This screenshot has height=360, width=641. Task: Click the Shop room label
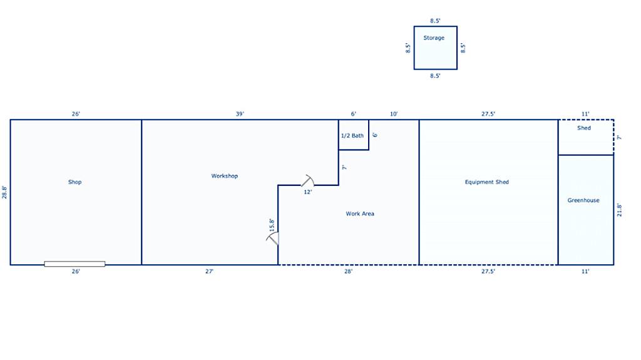75,182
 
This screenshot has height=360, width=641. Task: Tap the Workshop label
225,176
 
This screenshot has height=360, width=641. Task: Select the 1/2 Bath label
352,136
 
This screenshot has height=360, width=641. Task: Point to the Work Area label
360,213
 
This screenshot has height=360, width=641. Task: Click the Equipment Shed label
487,182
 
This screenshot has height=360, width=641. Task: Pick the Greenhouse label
583,200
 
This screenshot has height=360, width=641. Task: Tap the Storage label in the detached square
434,38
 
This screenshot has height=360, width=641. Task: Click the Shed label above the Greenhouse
584,128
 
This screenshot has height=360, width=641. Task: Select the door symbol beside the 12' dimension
308,181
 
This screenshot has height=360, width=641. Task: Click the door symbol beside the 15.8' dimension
273,239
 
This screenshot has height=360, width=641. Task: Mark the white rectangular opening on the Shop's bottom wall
74,264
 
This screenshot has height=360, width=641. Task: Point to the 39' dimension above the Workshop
240,114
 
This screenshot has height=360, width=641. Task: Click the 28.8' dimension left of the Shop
4,192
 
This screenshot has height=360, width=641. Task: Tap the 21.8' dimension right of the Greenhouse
619,210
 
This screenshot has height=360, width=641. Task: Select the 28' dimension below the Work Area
348,271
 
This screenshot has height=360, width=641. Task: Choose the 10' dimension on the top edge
393,114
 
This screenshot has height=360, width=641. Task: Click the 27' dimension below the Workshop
209,271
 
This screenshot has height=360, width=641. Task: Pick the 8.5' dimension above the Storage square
435,21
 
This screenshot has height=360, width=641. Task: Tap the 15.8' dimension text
272,225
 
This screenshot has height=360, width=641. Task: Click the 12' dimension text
308,192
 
